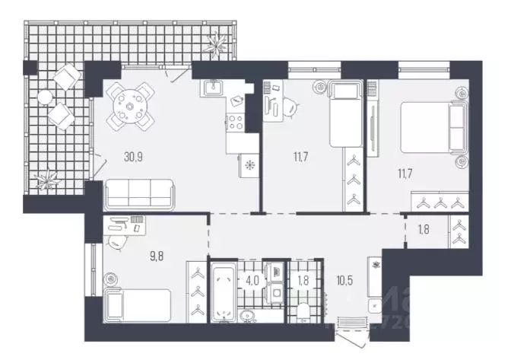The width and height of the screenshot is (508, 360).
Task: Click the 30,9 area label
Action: point(133,157)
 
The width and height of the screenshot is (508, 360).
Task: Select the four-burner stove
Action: point(233,122)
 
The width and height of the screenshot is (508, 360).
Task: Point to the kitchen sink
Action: point(211,89)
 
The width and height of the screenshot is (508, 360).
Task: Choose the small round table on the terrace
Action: point(45,97)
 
